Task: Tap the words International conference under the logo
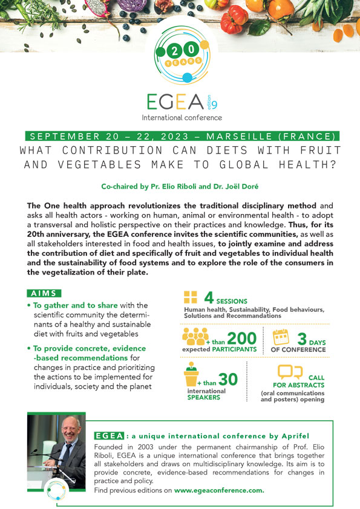182,117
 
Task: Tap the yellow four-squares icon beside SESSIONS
191,297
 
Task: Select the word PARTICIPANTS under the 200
232,350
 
